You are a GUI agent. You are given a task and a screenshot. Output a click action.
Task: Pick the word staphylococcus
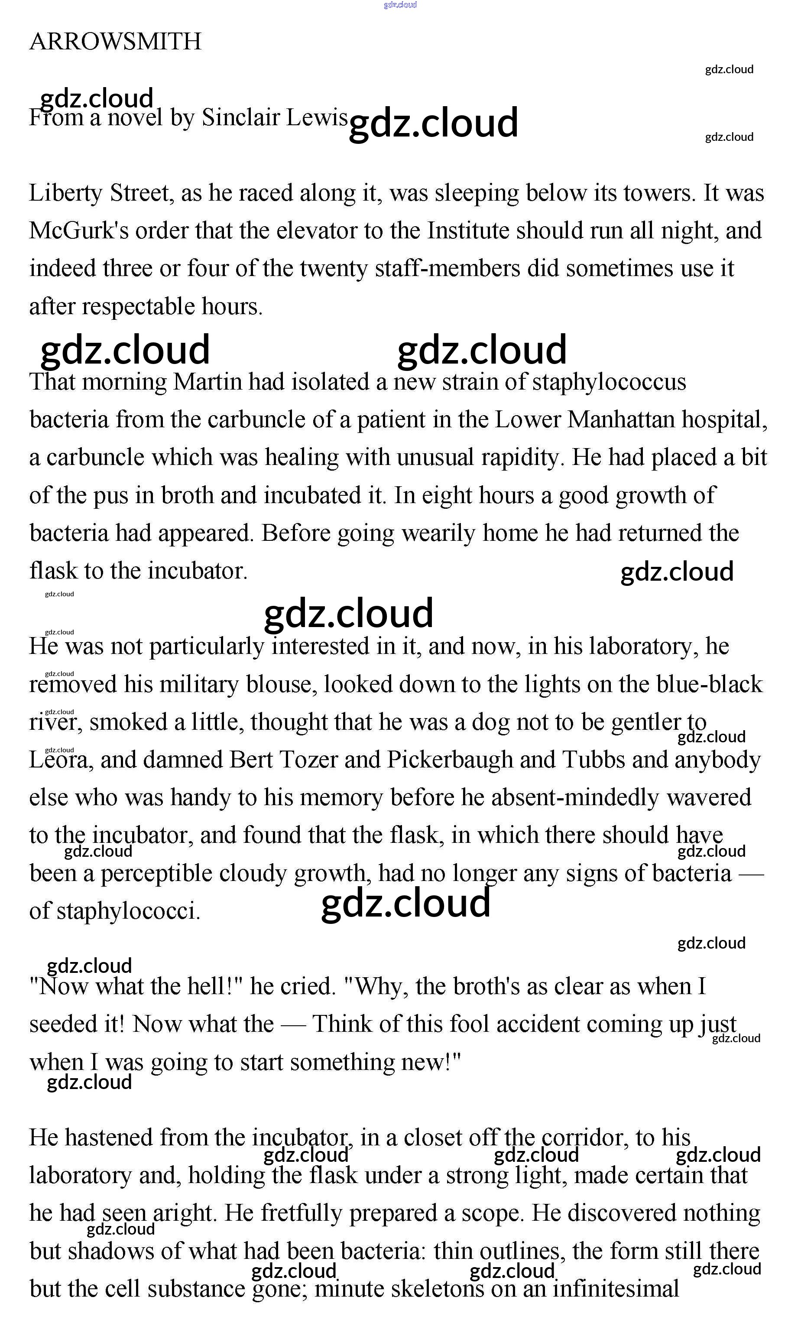[x=609, y=382]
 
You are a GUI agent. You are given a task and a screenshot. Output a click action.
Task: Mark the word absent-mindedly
[x=560, y=798]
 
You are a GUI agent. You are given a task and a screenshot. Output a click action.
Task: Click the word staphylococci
[x=128, y=911]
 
